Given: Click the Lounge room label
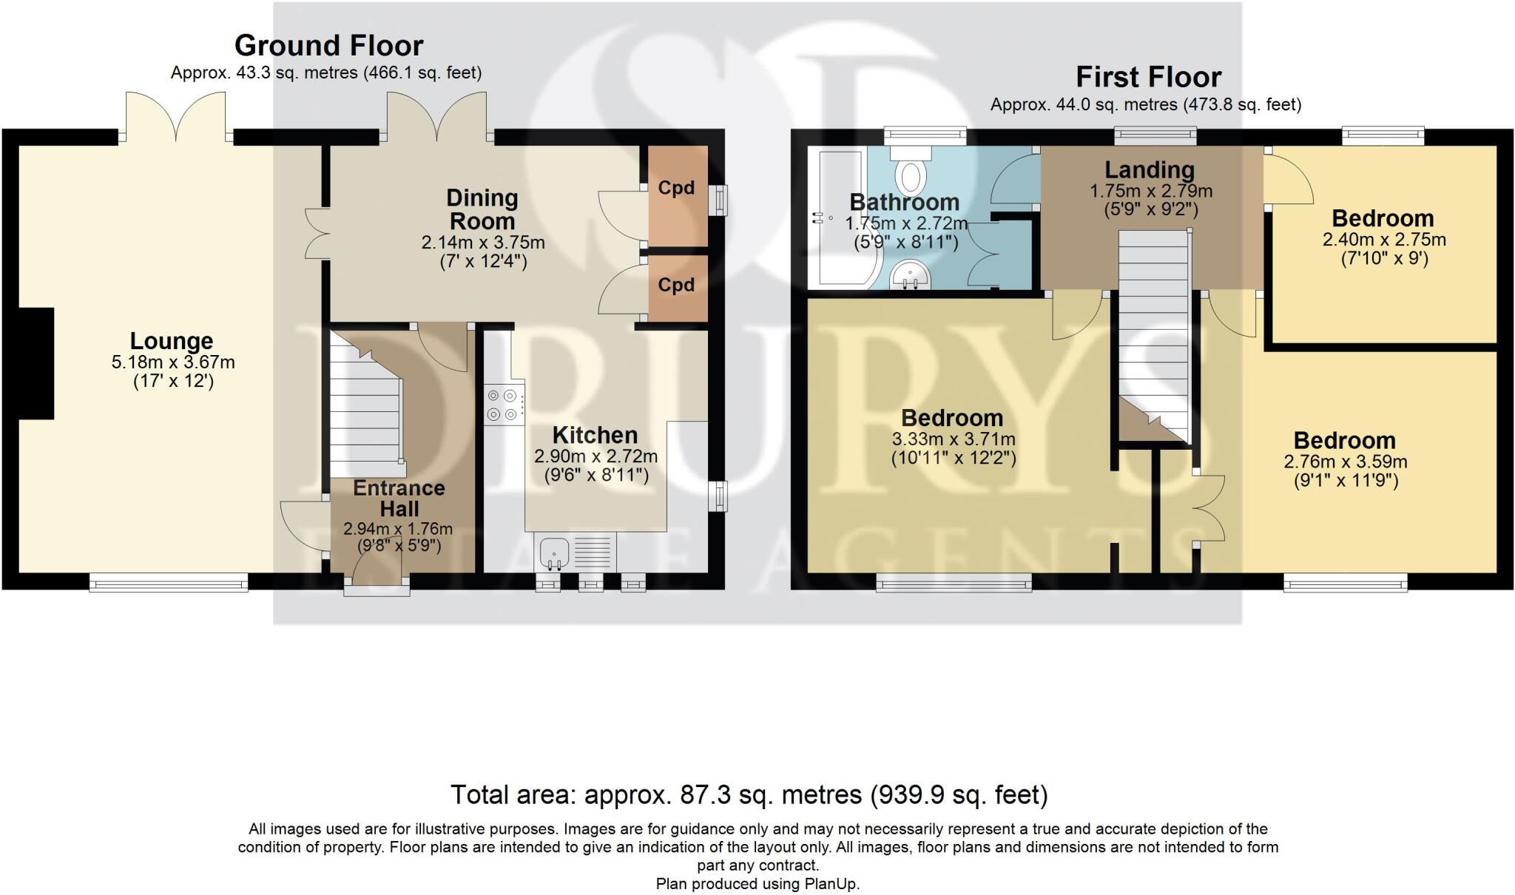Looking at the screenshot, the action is (172, 341).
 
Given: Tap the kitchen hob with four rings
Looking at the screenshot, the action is (504, 406).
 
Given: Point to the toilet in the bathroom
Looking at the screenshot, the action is (911, 169).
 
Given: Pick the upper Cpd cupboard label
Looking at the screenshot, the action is (676, 188).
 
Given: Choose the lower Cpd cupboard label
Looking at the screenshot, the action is (676, 285).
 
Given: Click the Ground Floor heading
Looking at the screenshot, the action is (328, 46).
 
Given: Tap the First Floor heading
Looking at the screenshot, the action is (1148, 77).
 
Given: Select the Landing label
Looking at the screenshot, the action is (1150, 170).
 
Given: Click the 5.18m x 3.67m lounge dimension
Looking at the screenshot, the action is (173, 362).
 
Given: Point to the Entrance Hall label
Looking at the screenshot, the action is (399, 499).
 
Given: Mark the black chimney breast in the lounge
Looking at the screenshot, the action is (36, 363).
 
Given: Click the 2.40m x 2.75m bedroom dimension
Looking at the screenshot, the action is (1384, 240).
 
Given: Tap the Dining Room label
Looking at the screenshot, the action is (482, 209).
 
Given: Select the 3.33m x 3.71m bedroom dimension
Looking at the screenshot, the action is (954, 439).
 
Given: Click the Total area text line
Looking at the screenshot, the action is (749, 795).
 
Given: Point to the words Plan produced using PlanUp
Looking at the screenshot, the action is (757, 884).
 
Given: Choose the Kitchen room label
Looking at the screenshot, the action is (595, 435).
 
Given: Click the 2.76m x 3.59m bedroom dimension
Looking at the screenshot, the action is (1346, 462).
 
